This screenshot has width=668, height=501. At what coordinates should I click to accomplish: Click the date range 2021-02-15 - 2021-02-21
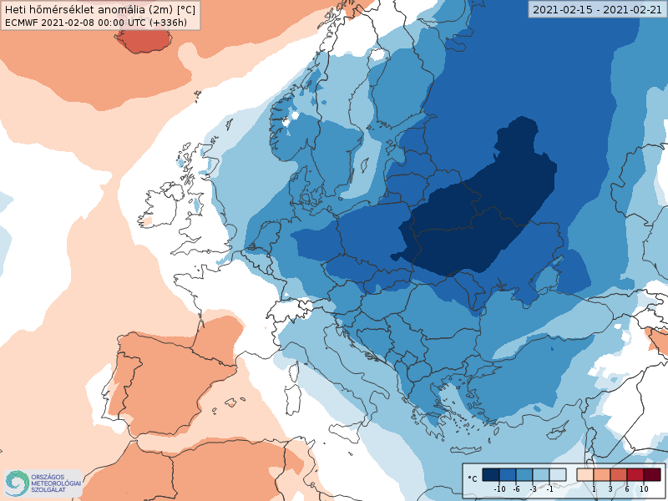point(596,9)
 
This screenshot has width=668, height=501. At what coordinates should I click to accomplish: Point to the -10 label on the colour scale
point(499,488)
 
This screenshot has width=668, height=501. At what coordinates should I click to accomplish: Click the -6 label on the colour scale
point(517,488)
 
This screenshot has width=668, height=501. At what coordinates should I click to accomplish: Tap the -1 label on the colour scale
point(549,488)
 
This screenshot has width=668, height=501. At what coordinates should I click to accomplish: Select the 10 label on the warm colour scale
point(643,488)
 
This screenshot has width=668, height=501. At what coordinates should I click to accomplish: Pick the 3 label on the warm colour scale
point(610,488)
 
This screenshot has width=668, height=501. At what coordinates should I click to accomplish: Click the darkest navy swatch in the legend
point(491,474)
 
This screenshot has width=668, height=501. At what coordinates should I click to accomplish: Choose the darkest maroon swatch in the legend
point(651,474)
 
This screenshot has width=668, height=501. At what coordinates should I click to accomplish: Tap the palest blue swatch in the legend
point(558,474)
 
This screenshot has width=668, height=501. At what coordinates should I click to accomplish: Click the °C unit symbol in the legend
point(473,478)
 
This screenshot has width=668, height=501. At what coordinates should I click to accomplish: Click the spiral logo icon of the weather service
point(17,483)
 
